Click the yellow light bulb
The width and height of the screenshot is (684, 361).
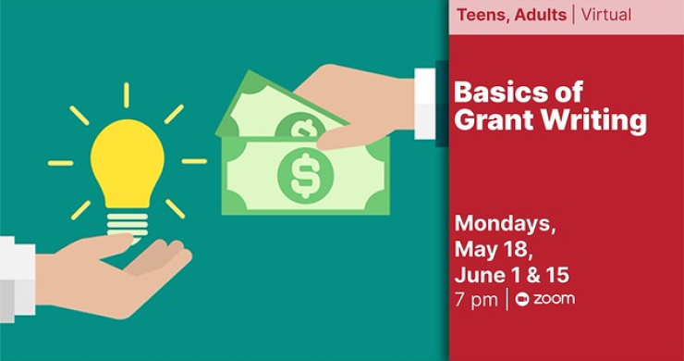coord(128,162)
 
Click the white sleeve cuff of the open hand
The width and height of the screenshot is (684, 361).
coord(16,279)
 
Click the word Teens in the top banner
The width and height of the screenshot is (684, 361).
coord(480,15)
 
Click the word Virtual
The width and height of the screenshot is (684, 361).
coord(606,15)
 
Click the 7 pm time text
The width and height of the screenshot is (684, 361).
coord(475,300)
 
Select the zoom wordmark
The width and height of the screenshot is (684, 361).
coord(554,299)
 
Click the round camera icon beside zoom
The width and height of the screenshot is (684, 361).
coord(522,299)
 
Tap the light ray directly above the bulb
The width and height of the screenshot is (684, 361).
coord(127,94)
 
